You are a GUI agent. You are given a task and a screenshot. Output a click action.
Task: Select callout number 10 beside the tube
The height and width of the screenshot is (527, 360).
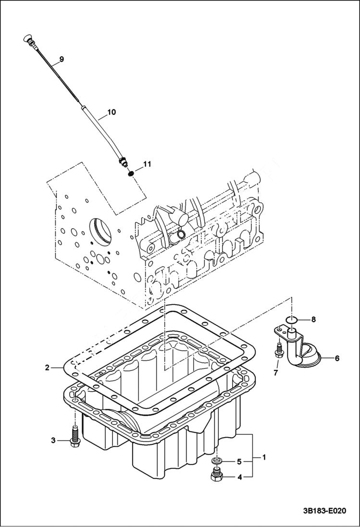[x=111, y=112]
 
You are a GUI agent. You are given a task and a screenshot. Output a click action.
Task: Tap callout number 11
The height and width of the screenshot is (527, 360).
[x=147, y=164]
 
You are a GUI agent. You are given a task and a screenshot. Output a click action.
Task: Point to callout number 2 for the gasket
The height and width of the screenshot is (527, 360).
[x=47, y=368]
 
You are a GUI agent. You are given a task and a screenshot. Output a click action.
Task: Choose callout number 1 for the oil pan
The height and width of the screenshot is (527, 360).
[x=263, y=457]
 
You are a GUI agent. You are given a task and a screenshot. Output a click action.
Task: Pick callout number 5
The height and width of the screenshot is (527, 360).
[x=238, y=462]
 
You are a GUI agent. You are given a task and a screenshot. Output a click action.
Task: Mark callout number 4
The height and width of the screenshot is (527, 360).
[x=238, y=477]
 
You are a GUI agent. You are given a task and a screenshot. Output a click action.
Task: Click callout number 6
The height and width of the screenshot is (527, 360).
[x=337, y=358]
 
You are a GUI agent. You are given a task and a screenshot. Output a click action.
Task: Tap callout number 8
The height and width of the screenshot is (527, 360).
[x=313, y=319]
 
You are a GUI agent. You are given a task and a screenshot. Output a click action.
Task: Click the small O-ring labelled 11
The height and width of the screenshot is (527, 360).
[x=131, y=172]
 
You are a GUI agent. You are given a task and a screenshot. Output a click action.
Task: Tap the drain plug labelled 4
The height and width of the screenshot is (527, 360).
[x=216, y=476]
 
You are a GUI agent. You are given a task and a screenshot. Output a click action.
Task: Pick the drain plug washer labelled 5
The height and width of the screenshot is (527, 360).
[x=217, y=462]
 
